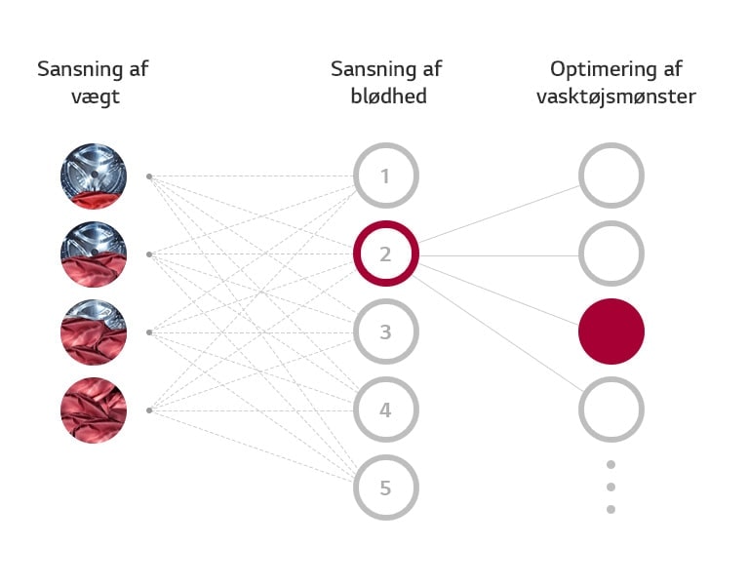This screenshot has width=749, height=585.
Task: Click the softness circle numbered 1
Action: pyautogui.click(x=385, y=176)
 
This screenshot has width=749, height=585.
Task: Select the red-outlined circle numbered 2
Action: pyautogui.click(x=385, y=254)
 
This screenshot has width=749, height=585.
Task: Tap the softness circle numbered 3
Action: pyautogui.click(x=385, y=332)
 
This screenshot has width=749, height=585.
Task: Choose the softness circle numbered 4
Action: pyautogui.click(x=385, y=410)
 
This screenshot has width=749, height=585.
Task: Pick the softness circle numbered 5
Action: pyautogui.click(x=385, y=487)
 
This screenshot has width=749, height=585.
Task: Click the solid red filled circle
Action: pyautogui.click(x=611, y=331)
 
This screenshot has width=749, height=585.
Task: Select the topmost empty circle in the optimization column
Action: pyautogui.click(x=611, y=176)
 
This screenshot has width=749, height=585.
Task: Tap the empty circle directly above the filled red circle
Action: pyautogui.click(x=611, y=254)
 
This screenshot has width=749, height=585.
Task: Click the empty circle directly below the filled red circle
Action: pyautogui.click(x=611, y=410)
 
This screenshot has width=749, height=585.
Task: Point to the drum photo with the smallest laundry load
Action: pyautogui.click(x=94, y=176)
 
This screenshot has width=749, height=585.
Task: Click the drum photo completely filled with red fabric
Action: pyautogui.click(x=94, y=410)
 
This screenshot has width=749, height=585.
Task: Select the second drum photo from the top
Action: pyautogui.click(x=94, y=254)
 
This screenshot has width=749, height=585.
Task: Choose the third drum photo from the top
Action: pyautogui.click(x=94, y=332)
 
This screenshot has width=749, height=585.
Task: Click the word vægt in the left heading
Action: pyautogui.click(x=94, y=97)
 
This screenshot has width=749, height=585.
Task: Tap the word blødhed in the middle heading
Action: pyautogui.click(x=388, y=97)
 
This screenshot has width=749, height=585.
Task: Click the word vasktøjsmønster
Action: pyautogui.click(x=615, y=97)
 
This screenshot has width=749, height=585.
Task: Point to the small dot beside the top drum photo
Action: pyautogui.click(x=149, y=176)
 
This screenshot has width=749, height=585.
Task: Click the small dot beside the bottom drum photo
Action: pyautogui.click(x=149, y=410)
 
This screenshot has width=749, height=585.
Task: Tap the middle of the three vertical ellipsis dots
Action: pyautogui.click(x=611, y=487)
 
